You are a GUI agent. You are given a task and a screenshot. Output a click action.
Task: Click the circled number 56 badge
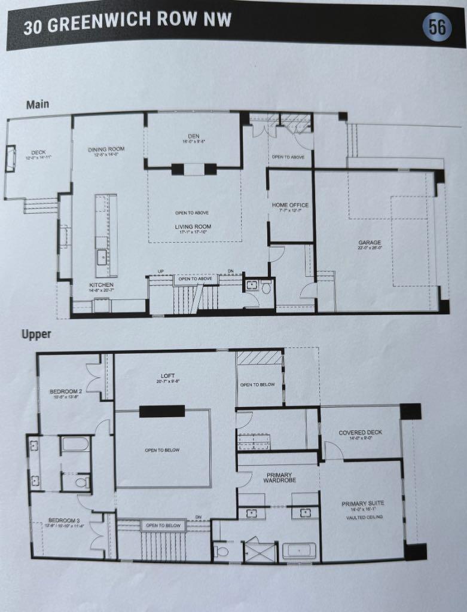pos(438,27)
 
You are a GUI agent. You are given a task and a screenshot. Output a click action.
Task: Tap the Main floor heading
pos(38,105)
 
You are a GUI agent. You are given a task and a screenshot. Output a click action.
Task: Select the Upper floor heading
pos(36,335)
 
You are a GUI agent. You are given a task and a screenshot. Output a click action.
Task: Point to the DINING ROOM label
pos(106,149)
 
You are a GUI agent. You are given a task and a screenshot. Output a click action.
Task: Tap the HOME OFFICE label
pos(291,206)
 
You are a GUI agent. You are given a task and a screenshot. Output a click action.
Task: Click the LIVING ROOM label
pos(193,227)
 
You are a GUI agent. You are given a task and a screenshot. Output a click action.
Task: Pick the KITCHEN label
pos(102,285)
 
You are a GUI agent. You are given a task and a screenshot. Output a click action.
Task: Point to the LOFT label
pos(167,376)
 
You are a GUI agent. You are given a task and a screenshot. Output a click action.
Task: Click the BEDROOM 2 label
pos(66,392)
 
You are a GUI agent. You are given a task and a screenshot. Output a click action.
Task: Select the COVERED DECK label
pos(360,432)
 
